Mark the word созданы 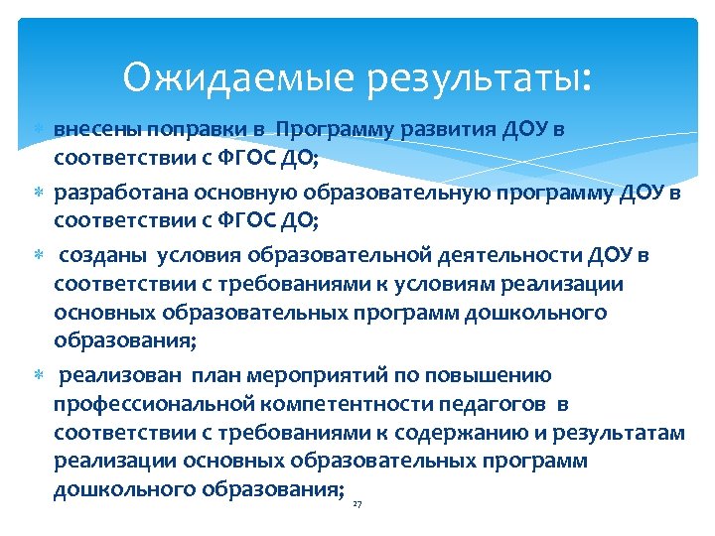click(104, 255)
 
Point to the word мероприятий click(309, 376)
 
